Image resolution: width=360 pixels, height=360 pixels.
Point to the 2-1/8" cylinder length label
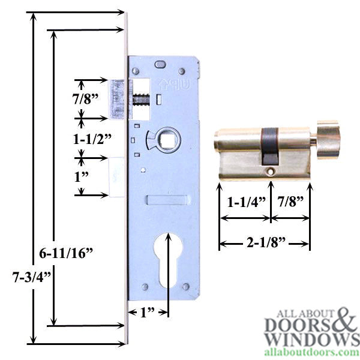tap(264, 243)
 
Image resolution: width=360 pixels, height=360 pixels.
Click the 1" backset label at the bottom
tap(146, 312)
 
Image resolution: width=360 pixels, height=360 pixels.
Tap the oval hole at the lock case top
tap(160, 65)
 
